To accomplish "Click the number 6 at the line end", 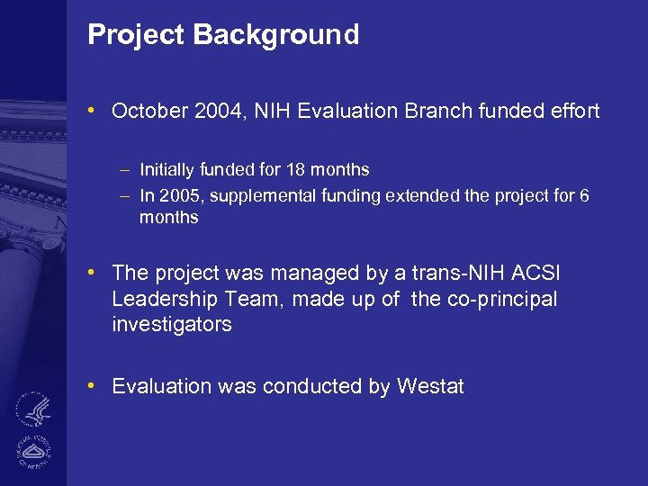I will (x=584, y=195).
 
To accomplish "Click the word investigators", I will (x=172, y=324).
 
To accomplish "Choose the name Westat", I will (x=429, y=387).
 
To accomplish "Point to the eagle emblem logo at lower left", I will (x=36, y=410).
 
